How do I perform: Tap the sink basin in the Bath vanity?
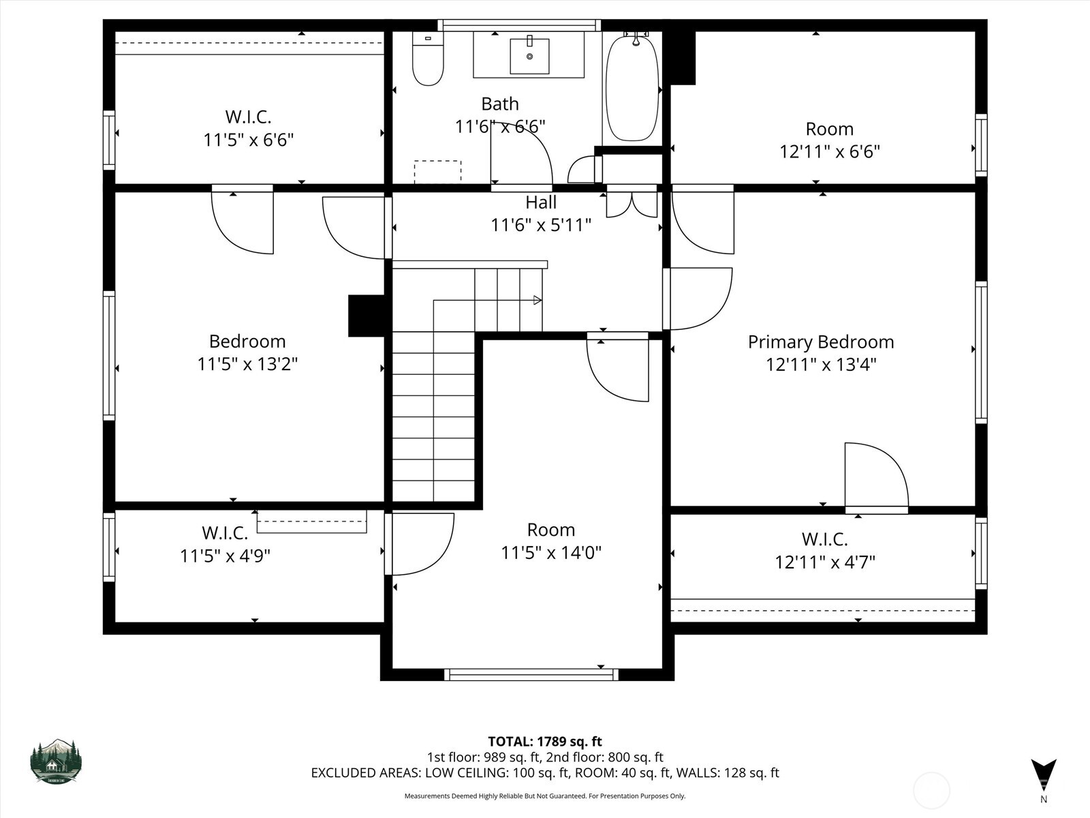coord(529,56)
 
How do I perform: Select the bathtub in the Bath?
coord(632,89)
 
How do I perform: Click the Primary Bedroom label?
coord(820,342)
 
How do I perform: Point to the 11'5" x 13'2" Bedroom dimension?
coord(247,364)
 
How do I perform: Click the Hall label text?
coord(541,202)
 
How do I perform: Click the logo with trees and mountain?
coord(56,761)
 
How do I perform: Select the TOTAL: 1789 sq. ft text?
coord(545,741)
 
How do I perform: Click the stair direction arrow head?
coord(538,300)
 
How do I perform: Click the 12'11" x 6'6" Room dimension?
coord(829,151)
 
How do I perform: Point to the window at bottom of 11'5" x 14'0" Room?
coord(531,674)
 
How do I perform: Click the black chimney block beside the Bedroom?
coord(367,316)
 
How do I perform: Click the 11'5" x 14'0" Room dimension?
coord(551,553)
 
